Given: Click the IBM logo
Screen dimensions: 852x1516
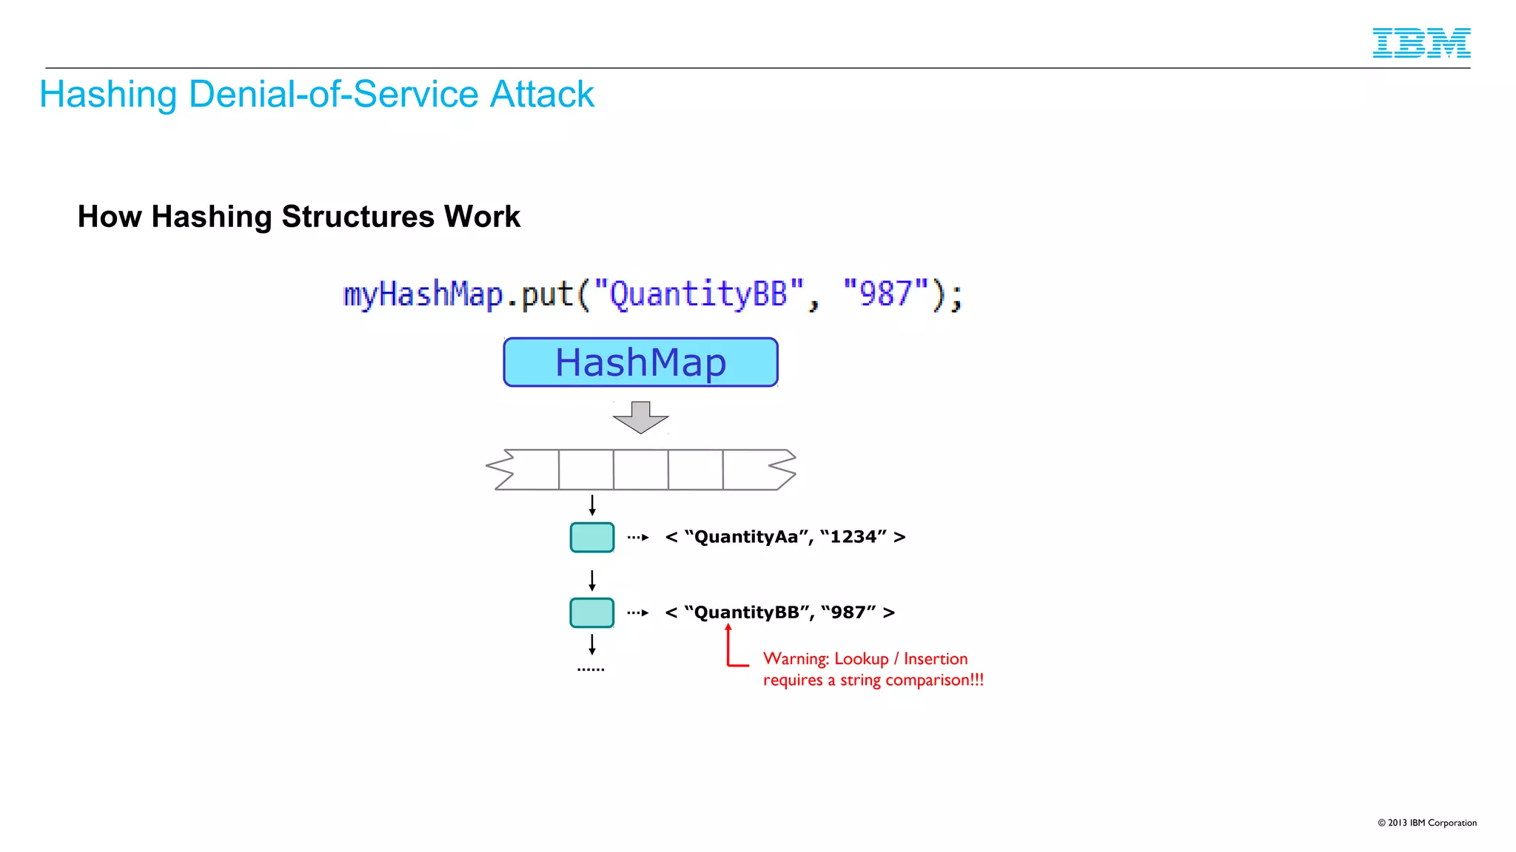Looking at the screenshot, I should point(1421,43).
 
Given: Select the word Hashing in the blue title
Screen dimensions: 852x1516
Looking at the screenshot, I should point(108,95).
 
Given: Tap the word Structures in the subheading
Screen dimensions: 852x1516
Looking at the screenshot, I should point(358,217).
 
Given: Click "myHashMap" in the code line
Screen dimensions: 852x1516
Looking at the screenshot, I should point(423,294).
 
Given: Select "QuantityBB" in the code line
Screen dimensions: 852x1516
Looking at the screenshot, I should point(698,294).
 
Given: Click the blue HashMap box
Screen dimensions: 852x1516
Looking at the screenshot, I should point(640,362).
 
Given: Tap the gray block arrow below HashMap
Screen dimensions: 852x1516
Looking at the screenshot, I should point(640,417).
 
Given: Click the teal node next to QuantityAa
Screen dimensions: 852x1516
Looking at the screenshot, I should point(591,538).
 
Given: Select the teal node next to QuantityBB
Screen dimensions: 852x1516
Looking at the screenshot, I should point(591,613).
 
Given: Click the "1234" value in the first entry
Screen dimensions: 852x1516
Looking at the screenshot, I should point(853,537).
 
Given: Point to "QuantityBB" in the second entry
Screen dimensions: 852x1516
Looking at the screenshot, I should point(746,613).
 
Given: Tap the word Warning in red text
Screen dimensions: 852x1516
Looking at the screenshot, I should point(795,659).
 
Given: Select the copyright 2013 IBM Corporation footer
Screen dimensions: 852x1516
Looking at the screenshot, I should point(1426,823).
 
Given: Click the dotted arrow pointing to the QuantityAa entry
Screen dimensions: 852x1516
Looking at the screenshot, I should point(638,538).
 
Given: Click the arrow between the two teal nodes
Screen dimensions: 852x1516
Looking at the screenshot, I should point(591,580).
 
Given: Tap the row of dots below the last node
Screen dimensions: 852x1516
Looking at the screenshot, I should point(591,669).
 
